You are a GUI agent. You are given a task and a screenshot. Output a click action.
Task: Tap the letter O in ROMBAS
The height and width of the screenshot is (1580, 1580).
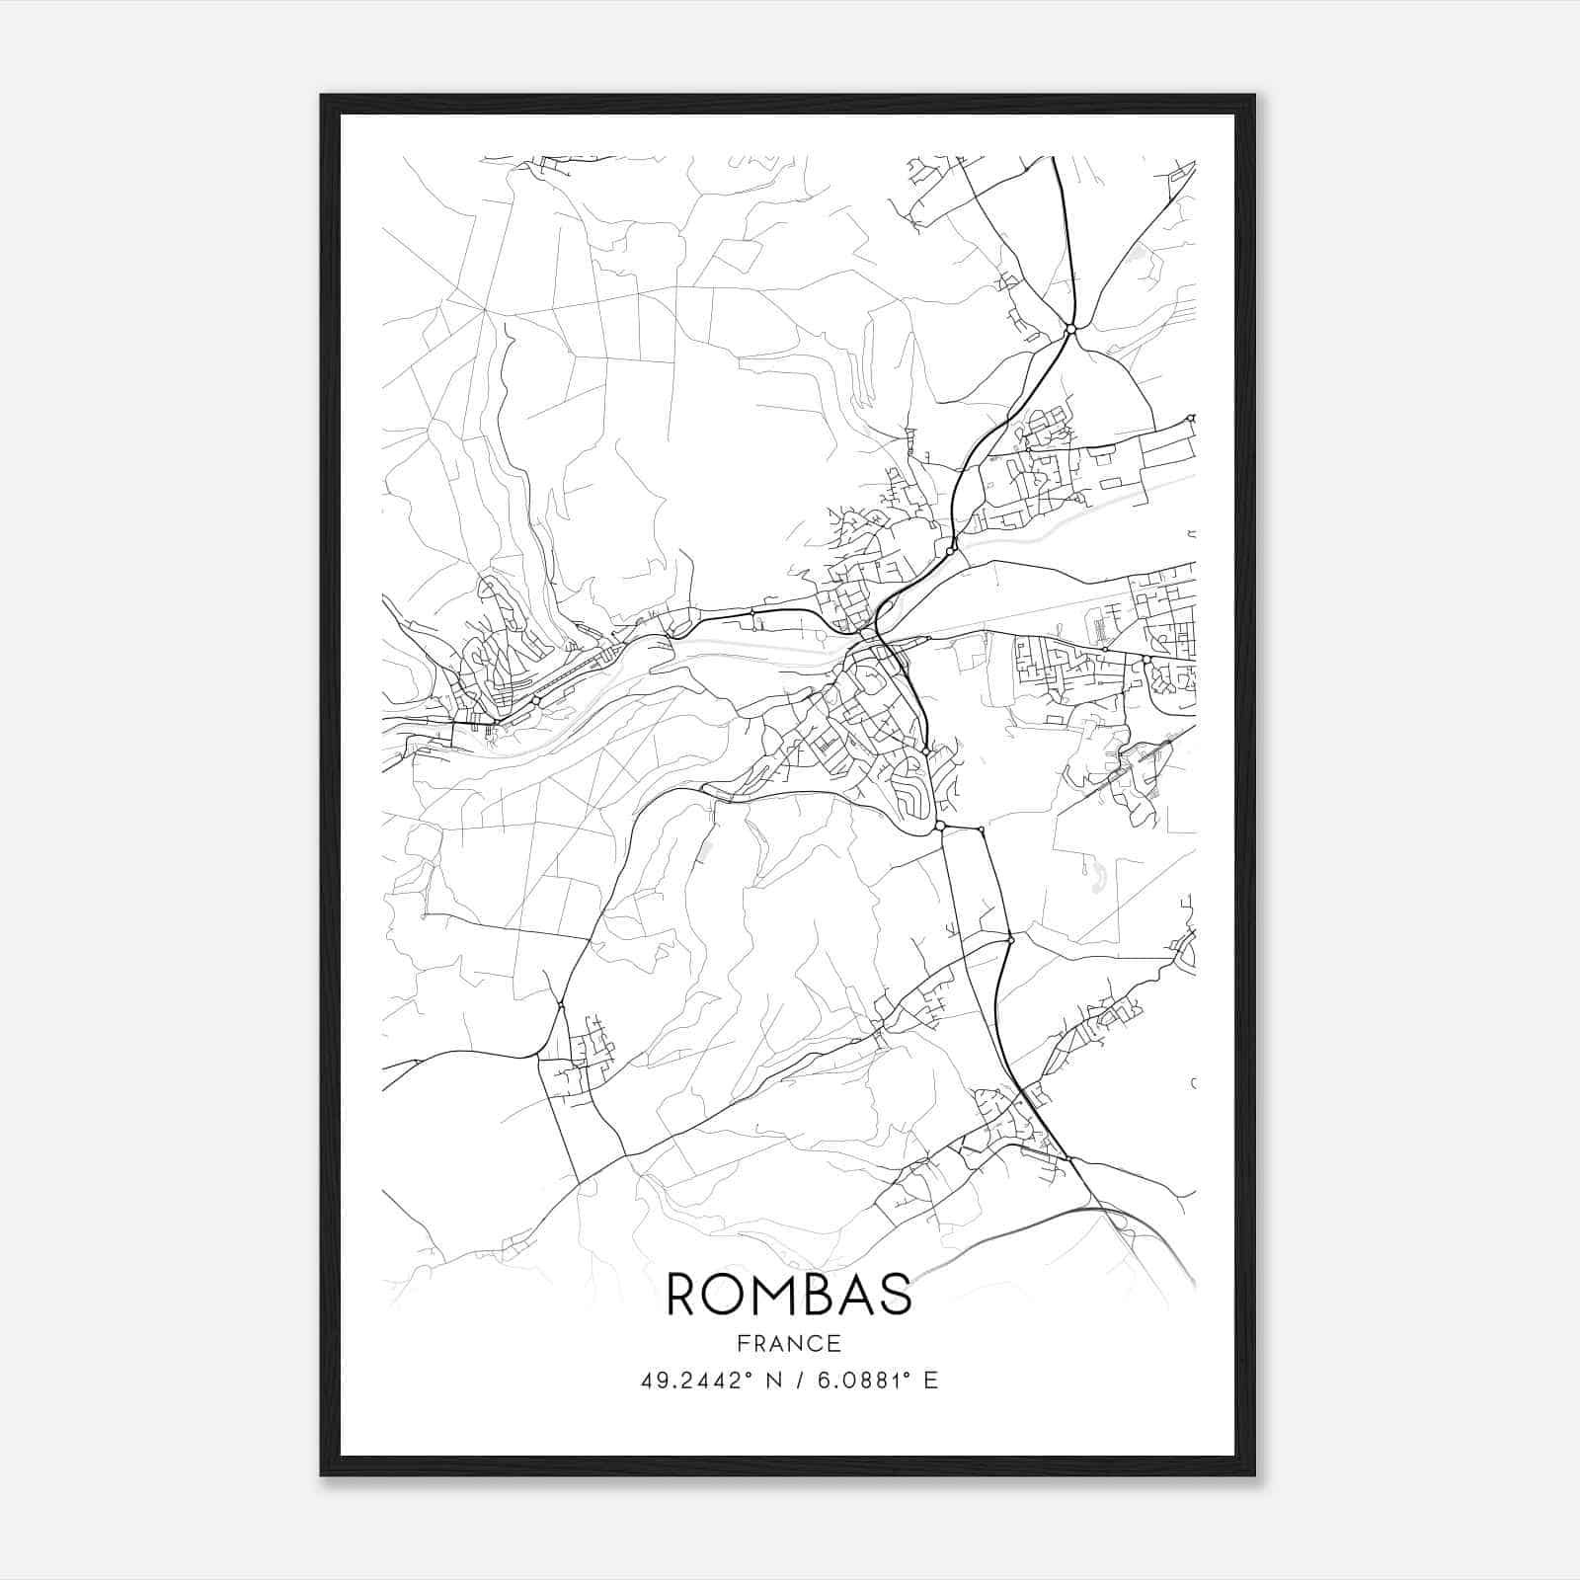click(x=733, y=1295)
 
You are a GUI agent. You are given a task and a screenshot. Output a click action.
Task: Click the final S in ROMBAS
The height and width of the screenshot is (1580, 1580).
click(x=899, y=1295)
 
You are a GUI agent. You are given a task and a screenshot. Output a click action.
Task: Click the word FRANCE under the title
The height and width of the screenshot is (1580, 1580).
click(x=789, y=1343)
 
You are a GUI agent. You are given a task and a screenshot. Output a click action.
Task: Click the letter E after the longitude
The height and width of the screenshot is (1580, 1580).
click(x=930, y=1381)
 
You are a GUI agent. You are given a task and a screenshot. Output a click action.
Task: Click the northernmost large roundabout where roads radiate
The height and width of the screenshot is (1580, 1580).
click(x=1070, y=329)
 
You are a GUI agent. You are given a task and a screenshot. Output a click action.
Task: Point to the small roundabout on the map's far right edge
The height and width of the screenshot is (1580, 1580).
click(x=1192, y=419)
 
